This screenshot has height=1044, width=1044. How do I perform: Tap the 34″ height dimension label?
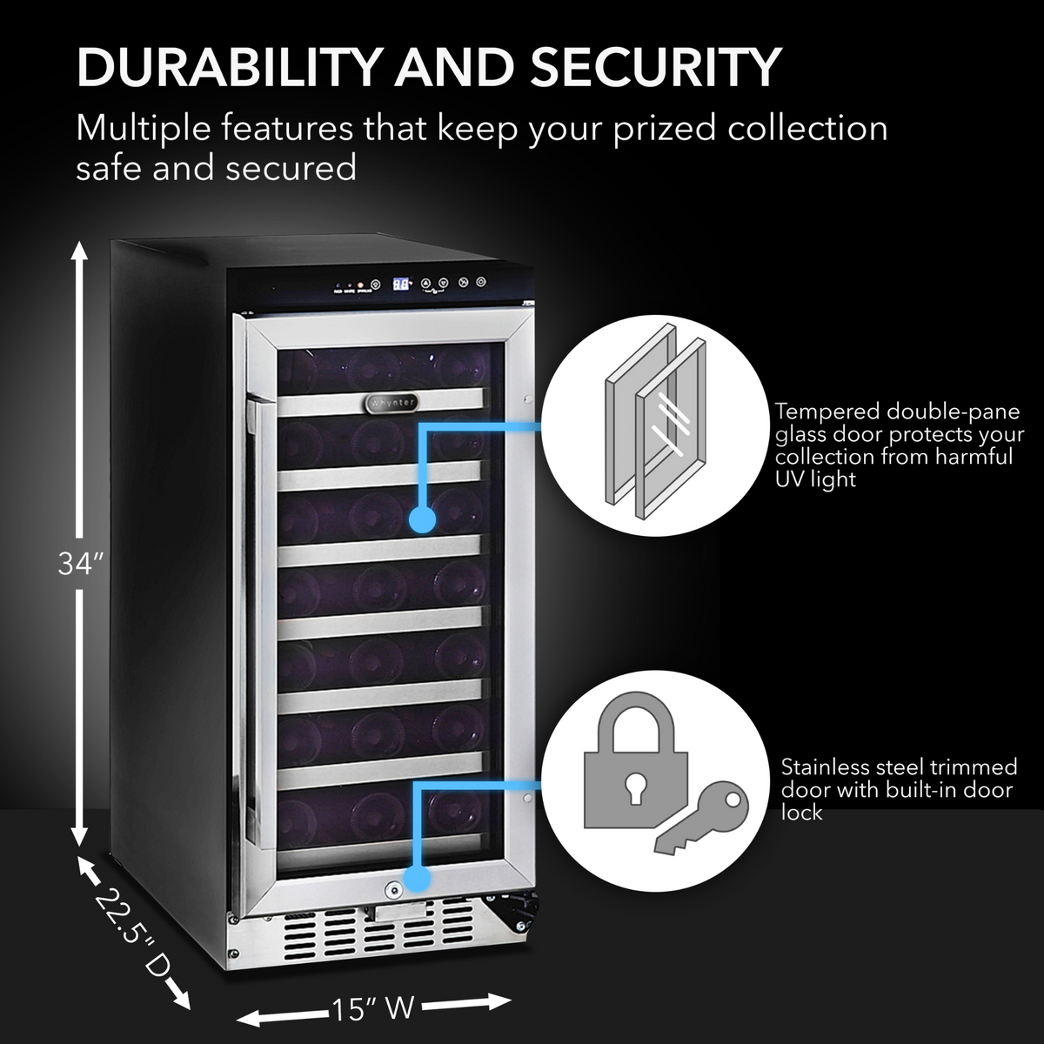pos(80,564)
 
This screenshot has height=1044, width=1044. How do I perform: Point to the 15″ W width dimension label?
pos(371,1007)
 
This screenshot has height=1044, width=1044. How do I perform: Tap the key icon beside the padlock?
pos(700,823)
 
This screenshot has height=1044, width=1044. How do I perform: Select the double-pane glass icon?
pos(641,413)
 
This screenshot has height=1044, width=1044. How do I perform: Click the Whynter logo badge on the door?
pos(389,403)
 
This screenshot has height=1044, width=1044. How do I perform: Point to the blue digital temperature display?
pos(400,284)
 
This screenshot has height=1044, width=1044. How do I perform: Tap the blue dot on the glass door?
pos(422,519)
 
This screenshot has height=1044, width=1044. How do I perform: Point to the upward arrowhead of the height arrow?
pos(79,251)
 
